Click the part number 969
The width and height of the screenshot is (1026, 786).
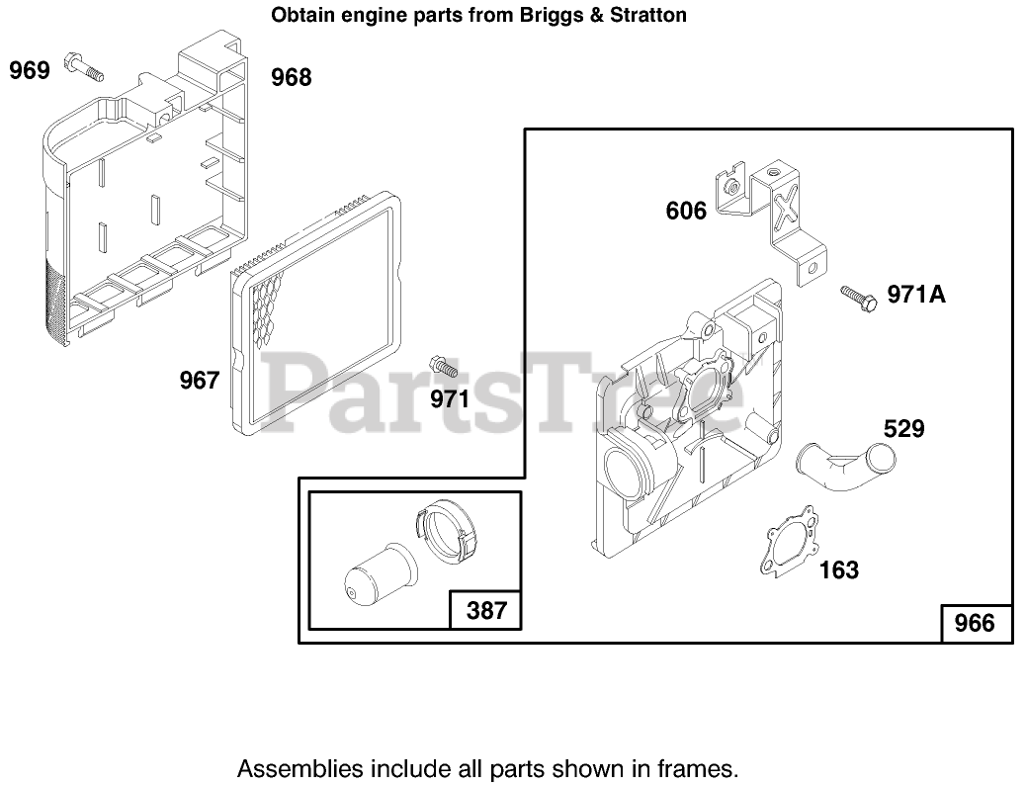click(30, 71)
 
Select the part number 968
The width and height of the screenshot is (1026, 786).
click(292, 77)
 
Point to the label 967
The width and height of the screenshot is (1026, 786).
click(199, 380)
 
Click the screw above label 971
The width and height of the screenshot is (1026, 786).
click(442, 366)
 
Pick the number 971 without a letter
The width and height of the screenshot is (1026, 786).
click(450, 399)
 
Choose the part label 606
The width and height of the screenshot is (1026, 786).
click(687, 211)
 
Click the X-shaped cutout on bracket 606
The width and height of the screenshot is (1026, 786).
click(786, 210)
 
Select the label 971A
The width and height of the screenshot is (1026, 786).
click(916, 294)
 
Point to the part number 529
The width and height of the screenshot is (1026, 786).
click(903, 429)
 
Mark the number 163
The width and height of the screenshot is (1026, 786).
click(839, 569)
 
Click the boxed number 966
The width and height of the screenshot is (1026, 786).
click(975, 624)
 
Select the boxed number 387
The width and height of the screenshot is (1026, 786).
click(485, 610)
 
